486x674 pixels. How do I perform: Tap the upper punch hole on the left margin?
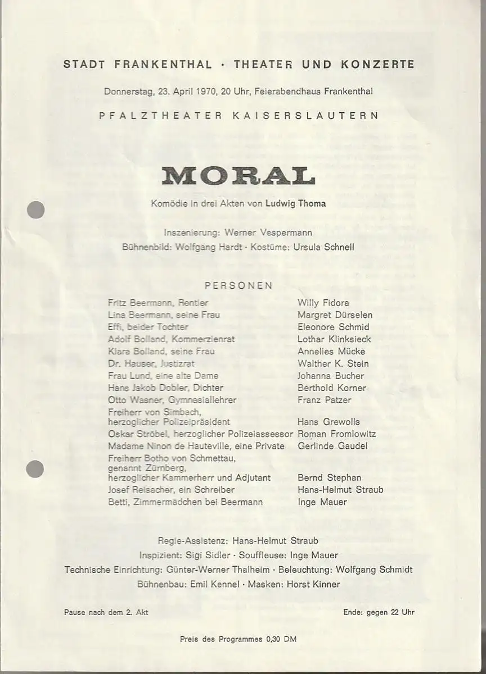[x=35, y=210]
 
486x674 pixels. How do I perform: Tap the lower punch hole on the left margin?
[x=35, y=468]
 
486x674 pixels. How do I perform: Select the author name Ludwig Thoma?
[x=303, y=203]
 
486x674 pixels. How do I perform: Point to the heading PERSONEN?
[x=238, y=285]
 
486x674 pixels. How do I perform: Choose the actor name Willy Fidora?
[x=323, y=303]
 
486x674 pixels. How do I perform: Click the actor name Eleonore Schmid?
[x=333, y=327]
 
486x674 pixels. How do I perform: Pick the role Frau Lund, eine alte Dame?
[x=163, y=376]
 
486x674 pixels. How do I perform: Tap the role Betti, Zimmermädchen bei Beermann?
[x=185, y=502]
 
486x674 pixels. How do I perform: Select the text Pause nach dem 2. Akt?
[x=106, y=612]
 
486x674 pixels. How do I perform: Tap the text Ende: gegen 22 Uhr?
[x=379, y=612]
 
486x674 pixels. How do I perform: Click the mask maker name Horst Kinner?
[x=313, y=584]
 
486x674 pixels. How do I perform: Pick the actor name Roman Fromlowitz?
[x=336, y=434]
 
